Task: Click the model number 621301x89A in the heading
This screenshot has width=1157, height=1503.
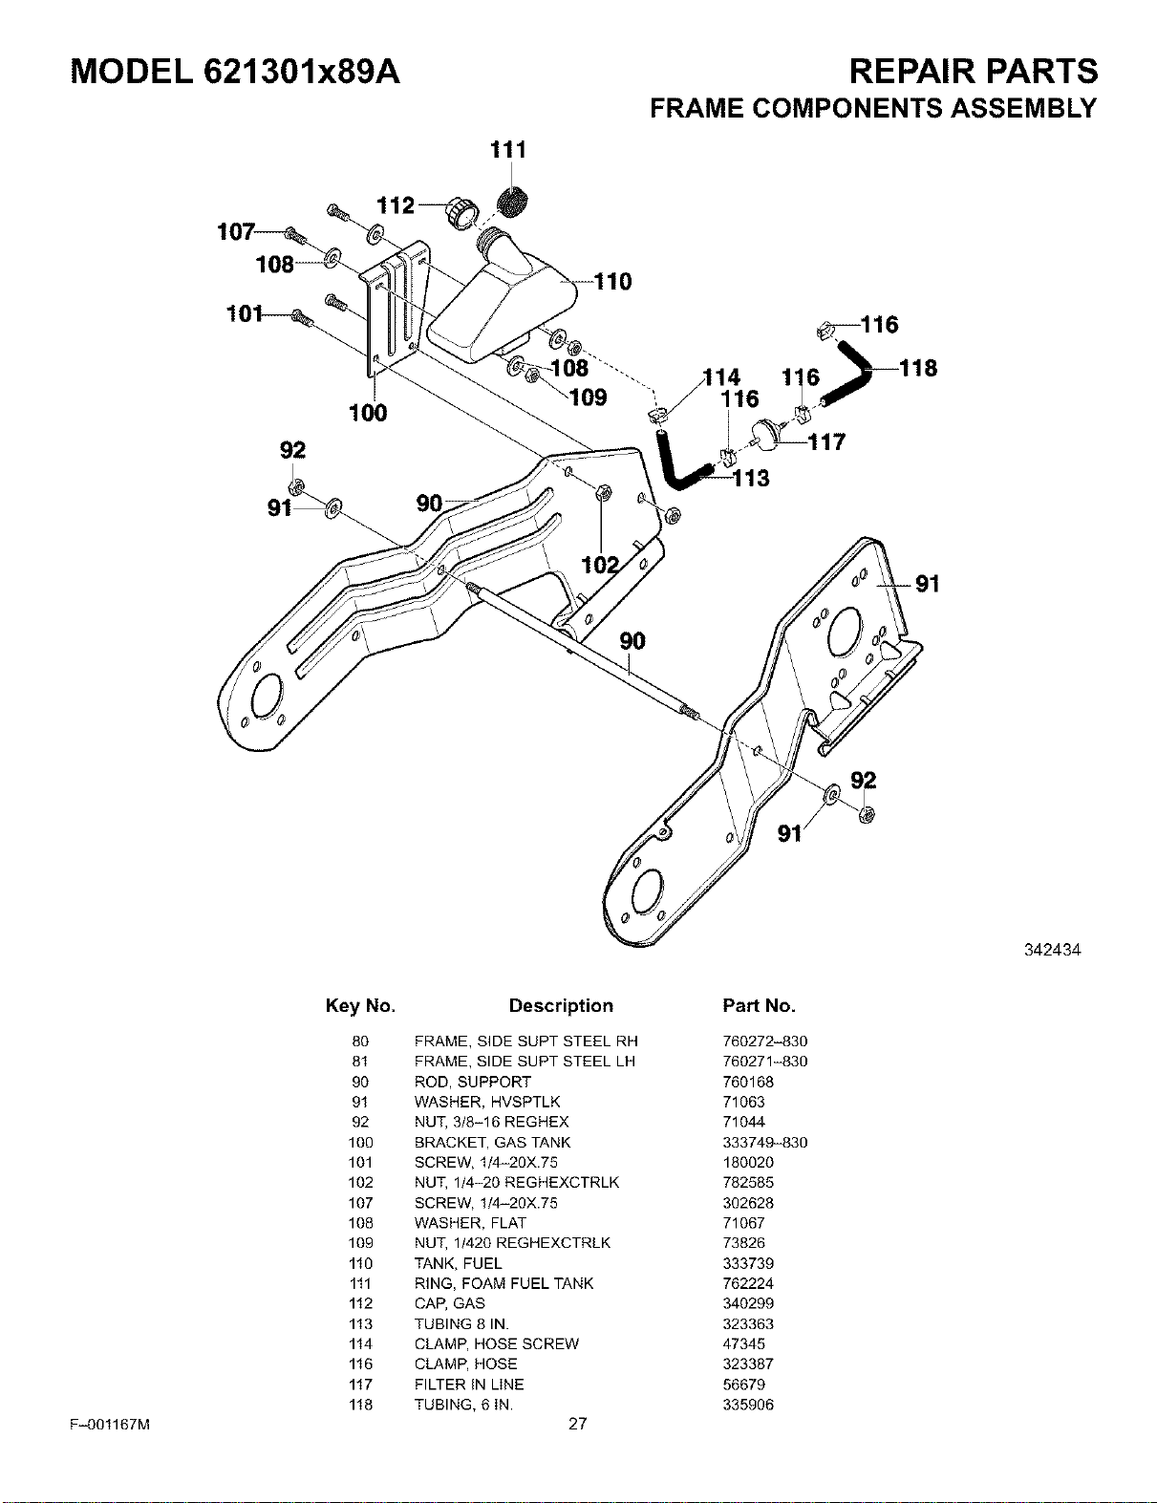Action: [302, 72]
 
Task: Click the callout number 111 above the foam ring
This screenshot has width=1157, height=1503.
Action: [508, 149]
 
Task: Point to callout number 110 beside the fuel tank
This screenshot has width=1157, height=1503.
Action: [612, 282]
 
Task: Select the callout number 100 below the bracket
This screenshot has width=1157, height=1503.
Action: [368, 414]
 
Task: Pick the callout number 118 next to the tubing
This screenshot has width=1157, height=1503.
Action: [918, 368]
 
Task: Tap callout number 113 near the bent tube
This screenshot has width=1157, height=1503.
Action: [751, 479]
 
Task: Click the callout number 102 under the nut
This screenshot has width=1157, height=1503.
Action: [600, 566]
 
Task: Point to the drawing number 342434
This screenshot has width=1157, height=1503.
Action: [1052, 950]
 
